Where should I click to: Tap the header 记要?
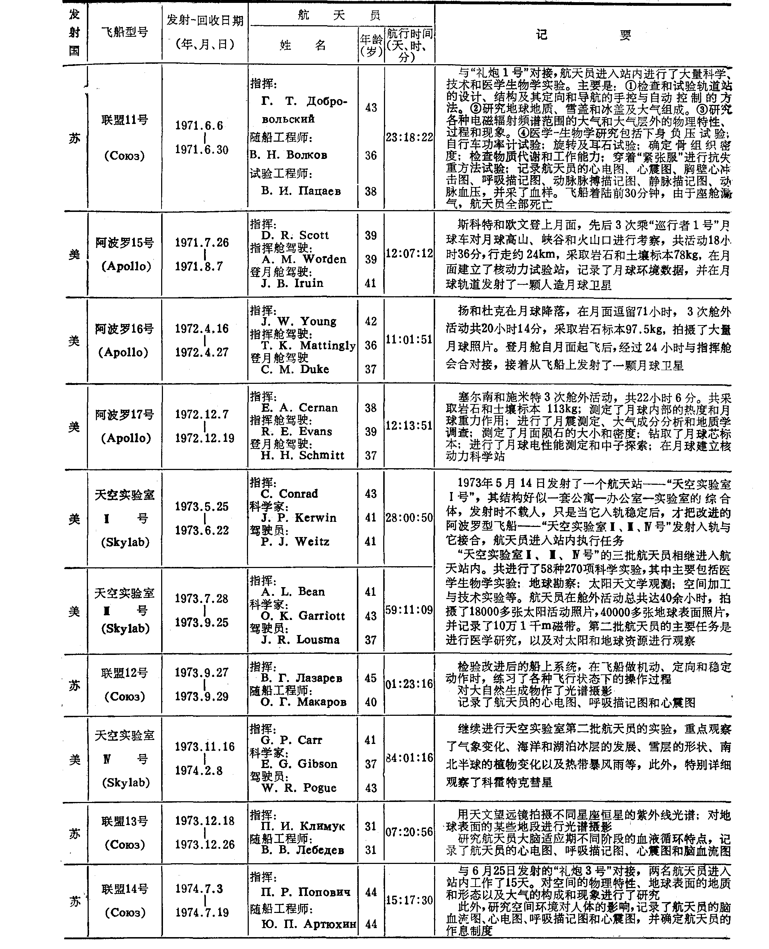point(583,35)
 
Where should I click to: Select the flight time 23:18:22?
point(409,137)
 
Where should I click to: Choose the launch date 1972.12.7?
point(202,414)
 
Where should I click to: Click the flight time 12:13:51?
point(409,426)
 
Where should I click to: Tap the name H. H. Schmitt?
point(302,455)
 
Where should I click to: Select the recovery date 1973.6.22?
point(202,530)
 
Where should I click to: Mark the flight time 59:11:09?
point(409,610)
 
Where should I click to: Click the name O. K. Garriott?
point(302,616)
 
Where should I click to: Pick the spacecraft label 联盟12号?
point(124,673)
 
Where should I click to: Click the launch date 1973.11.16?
point(204,747)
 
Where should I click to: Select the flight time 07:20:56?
point(409,832)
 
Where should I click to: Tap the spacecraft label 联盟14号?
point(124,889)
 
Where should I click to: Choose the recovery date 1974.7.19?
point(202,913)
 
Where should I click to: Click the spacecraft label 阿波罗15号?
point(124,243)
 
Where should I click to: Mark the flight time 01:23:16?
point(409,684)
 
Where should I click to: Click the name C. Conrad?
point(289,494)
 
